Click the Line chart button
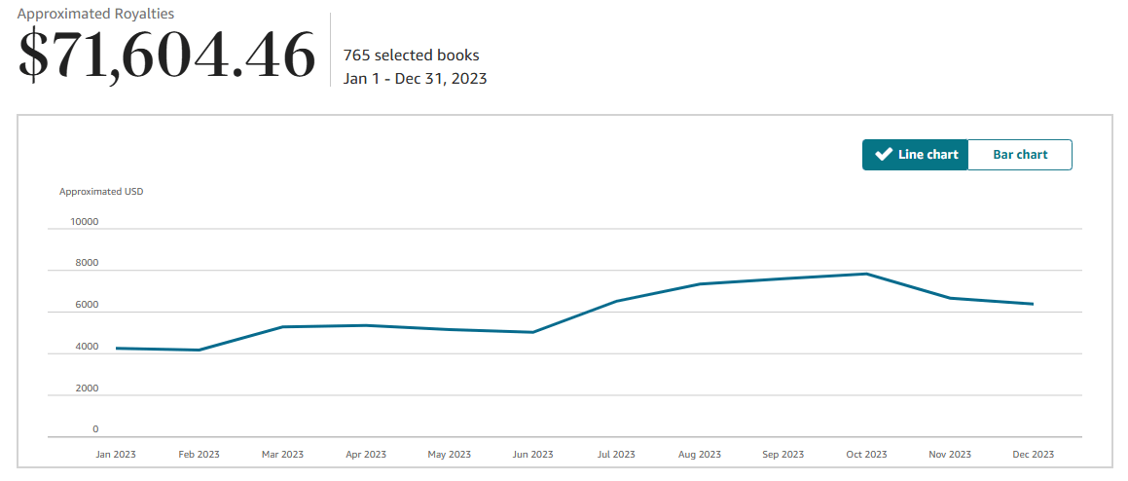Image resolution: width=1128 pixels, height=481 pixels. pyautogui.click(x=915, y=155)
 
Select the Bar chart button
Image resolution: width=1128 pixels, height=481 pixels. pyautogui.click(x=1020, y=155)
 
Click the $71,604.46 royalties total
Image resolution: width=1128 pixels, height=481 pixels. pyautogui.click(x=167, y=55)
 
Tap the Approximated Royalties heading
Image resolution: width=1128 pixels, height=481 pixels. pyautogui.click(x=96, y=14)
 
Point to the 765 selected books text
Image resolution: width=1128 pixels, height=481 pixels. pyautogui.click(x=411, y=55)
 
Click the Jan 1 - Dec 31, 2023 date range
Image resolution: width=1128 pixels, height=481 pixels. pyautogui.click(x=415, y=78)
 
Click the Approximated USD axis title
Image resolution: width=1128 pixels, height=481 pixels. pyautogui.click(x=101, y=191)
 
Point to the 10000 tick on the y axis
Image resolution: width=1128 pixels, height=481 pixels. pyautogui.click(x=85, y=221)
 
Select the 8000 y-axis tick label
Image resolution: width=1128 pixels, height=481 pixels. pyautogui.click(x=88, y=263)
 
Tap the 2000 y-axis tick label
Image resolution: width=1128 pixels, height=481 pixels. pyautogui.click(x=88, y=388)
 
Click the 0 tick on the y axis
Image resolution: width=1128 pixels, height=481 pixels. pyautogui.click(x=95, y=428)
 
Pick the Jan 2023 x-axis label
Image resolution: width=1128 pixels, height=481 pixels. pyautogui.click(x=116, y=455)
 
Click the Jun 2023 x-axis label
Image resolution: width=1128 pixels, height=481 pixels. pyautogui.click(x=532, y=455)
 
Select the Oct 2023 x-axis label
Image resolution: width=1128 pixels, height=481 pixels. pyautogui.click(x=866, y=455)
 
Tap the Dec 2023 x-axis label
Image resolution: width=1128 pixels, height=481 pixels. pyautogui.click(x=1033, y=455)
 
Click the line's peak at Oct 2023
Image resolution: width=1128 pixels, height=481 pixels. pyautogui.click(x=866, y=274)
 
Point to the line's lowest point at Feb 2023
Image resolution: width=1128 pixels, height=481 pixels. pyautogui.click(x=200, y=351)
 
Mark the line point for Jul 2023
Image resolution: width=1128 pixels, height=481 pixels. pyautogui.click(x=616, y=302)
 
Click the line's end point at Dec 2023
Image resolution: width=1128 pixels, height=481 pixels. pyautogui.click(x=1033, y=304)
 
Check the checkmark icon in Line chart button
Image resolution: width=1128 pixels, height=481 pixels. pyautogui.click(x=884, y=155)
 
